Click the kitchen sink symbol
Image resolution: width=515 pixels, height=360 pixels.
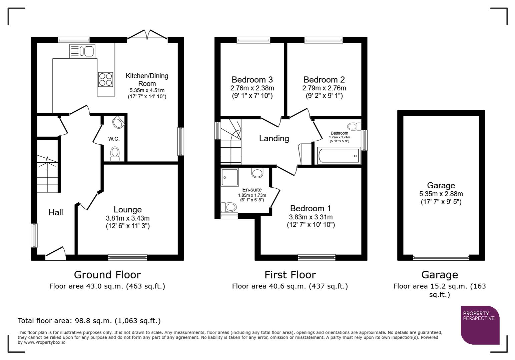[82, 51]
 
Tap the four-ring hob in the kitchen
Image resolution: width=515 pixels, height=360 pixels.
[105, 79]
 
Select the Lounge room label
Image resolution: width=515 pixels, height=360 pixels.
[127, 210]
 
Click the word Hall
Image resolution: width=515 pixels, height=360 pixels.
[56, 213]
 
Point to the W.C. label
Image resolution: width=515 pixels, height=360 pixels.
[114, 139]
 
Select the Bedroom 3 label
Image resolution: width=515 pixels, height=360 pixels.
[252, 80]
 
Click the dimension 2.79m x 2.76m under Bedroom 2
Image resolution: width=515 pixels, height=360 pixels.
[324, 88]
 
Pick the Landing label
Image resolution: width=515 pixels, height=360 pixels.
[274, 138]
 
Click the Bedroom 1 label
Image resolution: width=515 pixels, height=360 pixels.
[311, 209]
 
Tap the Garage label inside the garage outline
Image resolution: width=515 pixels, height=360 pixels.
[441, 186]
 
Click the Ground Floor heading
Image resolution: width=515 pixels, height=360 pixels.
[107, 275]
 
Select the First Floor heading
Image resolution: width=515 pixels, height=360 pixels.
[290, 275]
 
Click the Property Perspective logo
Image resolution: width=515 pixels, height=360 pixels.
[480, 325]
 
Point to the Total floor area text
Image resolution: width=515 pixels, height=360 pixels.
[89, 321]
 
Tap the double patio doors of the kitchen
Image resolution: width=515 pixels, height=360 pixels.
[147, 35]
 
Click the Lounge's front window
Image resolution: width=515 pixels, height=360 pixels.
[127, 257]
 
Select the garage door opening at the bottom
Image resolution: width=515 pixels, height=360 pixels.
[441, 258]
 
